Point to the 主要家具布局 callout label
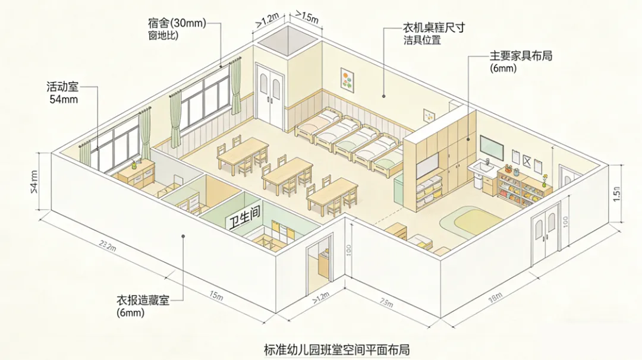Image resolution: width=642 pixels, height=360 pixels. click(521, 56)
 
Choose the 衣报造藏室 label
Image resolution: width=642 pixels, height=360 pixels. click(143, 301)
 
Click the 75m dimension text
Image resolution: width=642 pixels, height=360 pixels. click(386, 303)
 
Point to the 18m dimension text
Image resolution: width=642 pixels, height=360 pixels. click(495, 297)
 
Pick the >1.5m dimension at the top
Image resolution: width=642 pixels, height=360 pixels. click(307, 16)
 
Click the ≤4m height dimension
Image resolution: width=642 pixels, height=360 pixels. click(33, 181)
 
